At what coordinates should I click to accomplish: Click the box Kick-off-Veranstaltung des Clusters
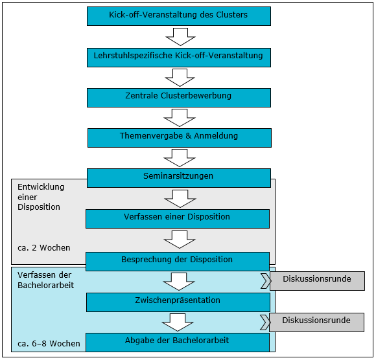point(179,16)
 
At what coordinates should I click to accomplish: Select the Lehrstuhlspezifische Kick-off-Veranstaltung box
point(179,58)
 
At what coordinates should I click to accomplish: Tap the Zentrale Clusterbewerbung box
point(179,98)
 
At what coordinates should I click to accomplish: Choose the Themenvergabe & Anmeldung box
point(180,138)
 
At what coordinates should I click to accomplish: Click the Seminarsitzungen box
point(179,178)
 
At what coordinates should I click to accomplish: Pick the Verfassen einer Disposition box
point(178,219)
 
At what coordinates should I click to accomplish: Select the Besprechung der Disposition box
point(178,262)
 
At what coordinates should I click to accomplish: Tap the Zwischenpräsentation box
point(178,302)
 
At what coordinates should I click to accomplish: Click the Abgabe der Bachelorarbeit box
point(178,343)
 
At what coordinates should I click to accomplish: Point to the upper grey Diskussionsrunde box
point(317,281)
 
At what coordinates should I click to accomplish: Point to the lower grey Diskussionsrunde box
point(317,322)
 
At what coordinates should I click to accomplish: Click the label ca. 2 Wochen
point(44,248)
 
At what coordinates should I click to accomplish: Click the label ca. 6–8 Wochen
point(49,343)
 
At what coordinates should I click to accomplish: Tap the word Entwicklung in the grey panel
point(41,187)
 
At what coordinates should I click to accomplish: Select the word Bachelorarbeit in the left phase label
point(46,286)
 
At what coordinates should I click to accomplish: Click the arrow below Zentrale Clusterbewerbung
point(180,118)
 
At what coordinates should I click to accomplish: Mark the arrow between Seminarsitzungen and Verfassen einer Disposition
point(180,199)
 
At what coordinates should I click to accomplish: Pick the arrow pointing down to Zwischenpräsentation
point(179,282)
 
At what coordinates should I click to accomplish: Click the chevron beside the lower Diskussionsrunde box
point(265,322)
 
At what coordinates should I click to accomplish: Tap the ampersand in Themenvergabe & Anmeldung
point(188,136)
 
